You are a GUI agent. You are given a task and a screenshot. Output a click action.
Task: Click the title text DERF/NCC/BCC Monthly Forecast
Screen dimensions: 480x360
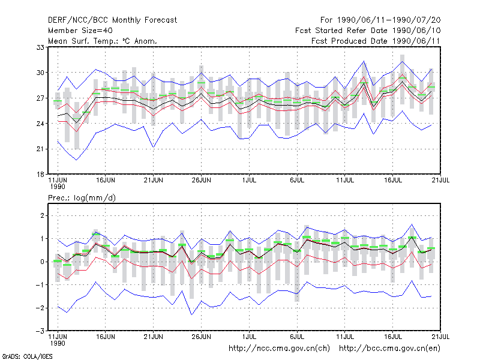(x=112, y=20)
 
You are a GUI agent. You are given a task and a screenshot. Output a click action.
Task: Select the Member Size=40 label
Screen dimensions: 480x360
(x=80, y=31)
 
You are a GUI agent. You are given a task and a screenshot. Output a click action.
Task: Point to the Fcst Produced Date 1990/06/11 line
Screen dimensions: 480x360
(x=376, y=41)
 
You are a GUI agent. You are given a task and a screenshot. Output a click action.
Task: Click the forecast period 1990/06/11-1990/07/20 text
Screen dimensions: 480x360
(x=389, y=20)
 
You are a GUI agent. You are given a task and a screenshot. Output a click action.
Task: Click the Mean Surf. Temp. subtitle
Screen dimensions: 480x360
(x=103, y=41)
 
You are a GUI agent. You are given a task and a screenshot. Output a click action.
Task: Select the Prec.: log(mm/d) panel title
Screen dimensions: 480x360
(x=82, y=198)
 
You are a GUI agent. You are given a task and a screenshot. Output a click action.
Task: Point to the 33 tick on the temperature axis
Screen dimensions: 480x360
(x=40, y=47)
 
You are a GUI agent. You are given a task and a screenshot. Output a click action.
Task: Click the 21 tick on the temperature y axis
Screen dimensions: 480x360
(x=40, y=149)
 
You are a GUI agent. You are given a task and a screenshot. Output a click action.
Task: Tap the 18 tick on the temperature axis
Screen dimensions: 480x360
(x=40, y=175)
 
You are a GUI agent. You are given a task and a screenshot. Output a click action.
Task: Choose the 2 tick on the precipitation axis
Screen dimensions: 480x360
(x=42, y=215)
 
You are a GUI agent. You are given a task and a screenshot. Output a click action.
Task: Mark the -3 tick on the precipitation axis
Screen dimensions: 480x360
(x=40, y=331)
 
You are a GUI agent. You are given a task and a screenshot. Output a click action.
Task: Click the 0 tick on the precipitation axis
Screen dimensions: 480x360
(x=42, y=262)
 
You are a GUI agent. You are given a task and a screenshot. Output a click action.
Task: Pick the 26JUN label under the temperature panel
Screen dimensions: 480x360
(x=201, y=181)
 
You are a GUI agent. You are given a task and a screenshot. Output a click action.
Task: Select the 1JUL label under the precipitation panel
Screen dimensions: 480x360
(x=249, y=337)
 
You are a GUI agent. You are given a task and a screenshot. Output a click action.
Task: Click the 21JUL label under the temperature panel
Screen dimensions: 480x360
(x=440, y=181)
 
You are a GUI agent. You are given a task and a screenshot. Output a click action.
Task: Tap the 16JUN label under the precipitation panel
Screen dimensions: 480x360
(x=106, y=337)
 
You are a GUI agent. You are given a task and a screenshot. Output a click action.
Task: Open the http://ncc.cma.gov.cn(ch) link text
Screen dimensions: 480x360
(x=279, y=349)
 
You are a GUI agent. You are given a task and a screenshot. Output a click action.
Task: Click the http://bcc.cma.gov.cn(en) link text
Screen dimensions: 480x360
(x=389, y=349)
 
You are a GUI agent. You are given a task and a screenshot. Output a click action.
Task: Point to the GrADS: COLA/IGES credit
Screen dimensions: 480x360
(x=27, y=356)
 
